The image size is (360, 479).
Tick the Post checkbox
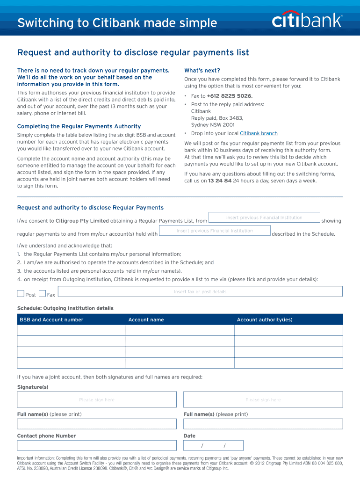pyautogui.click(x=21, y=294)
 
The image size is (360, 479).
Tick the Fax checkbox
pyautogui.click(x=43, y=294)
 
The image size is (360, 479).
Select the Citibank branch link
pyautogui.click(x=259, y=133)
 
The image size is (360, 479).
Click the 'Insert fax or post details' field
pyautogui.click(x=200, y=291)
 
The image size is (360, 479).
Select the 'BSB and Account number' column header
pyautogui.click(x=51, y=320)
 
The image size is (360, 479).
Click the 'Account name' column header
pyautogui.click(x=146, y=320)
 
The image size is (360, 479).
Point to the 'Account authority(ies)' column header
pyautogui.click(x=265, y=320)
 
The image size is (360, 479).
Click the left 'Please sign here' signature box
pyautogui.click(x=97, y=399)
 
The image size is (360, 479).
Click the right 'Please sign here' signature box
pyautogui.click(x=263, y=399)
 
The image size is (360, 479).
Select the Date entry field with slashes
pyautogui.click(x=214, y=445)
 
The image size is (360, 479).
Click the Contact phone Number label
pyautogui.click(x=46, y=436)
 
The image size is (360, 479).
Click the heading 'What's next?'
pyautogui.click(x=202, y=71)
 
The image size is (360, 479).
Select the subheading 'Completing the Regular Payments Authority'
pyautogui.click(x=79, y=126)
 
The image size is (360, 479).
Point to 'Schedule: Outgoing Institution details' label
pyautogui.click(x=65, y=308)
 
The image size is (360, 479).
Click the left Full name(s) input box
pyautogui.click(x=97, y=424)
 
